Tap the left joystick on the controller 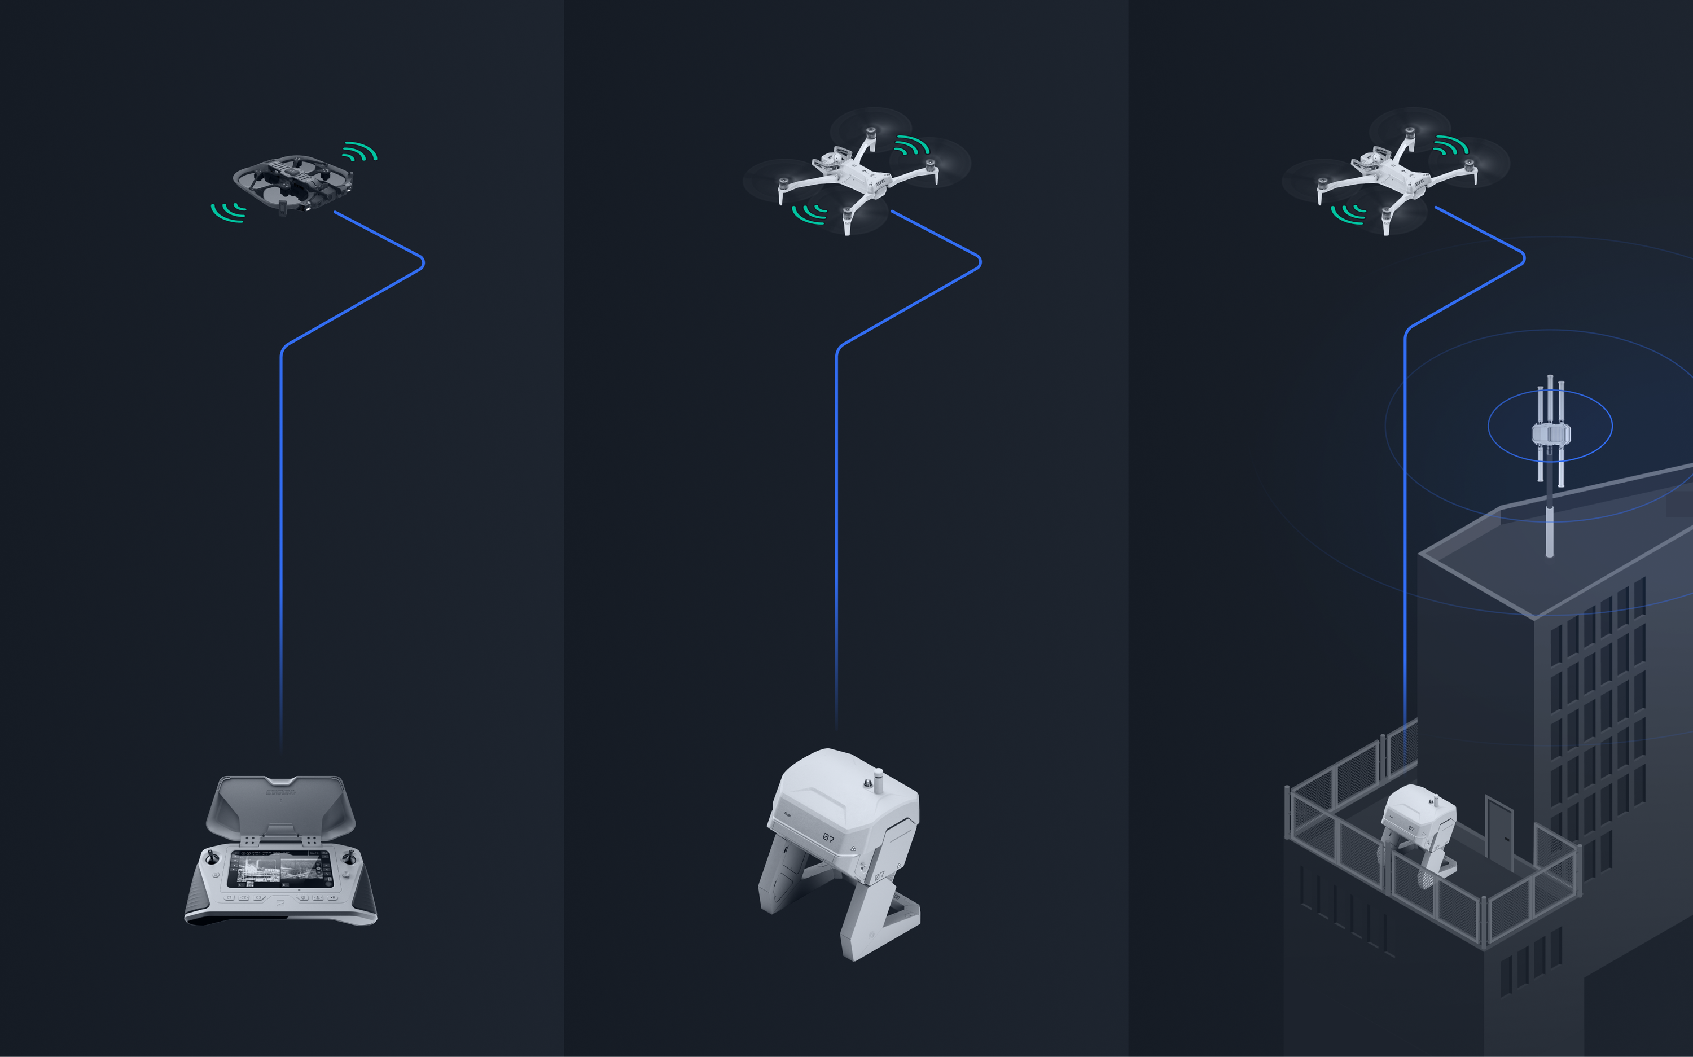(x=211, y=858)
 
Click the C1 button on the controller (x=229, y=898)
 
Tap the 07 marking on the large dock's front (x=828, y=837)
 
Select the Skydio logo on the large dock (x=788, y=813)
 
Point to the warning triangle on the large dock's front (x=853, y=849)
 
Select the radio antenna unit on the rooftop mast (x=1550, y=433)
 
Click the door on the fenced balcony (x=1499, y=835)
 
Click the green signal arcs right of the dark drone (x=359, y=152)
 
